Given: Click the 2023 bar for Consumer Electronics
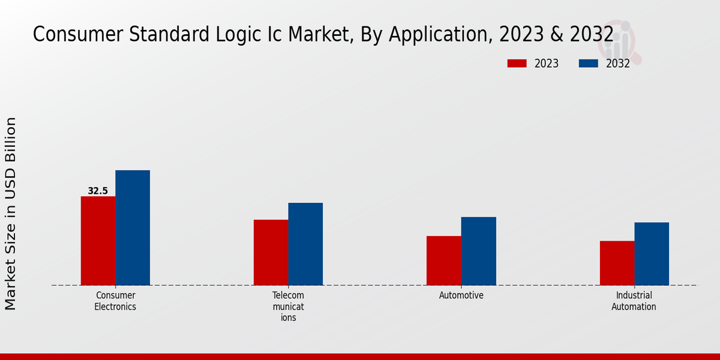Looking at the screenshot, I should pyautogui.click(x=98, y=241).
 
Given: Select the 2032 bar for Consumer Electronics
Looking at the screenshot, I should pyautogui.click(x=133, y=228).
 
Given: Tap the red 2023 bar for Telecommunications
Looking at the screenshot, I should pyautogui.click(x=271, y=253).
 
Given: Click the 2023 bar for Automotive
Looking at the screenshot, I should pyautogui.click(x=444, y=260).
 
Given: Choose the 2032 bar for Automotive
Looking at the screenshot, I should pyautogui.click(x=479, y=251).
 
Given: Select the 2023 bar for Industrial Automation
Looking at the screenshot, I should pyautogui.click(x=617, y=263).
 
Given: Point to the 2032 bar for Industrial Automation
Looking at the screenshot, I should pyautogui.click(x=652, y=254).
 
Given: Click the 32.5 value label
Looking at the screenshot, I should pyautogui.click(x=98, y=191).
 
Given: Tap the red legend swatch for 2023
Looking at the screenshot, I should pyautogui.click(x=517, y=64).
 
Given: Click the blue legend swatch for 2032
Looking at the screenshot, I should pyautogui.click(x=589, y=64).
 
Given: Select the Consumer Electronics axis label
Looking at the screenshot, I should pyautogui.click(x=115, y=301).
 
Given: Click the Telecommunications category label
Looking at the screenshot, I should pyautogui.click(x=289, y=307).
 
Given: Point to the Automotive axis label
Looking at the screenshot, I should pyautogui.click(x=461, y=296).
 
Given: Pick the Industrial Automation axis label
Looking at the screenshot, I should pyautogui.click(x=634, y=301).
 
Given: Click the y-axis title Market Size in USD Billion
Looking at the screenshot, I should pyautogui.click(x=11, y=214).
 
